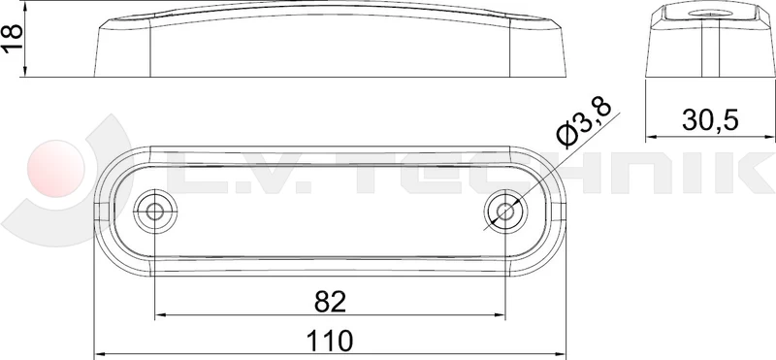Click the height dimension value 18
pos(13,39)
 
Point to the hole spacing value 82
pos(331,302)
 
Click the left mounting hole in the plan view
pos(152,211)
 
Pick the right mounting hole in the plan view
pos(503,211)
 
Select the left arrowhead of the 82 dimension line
pos(160,314)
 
